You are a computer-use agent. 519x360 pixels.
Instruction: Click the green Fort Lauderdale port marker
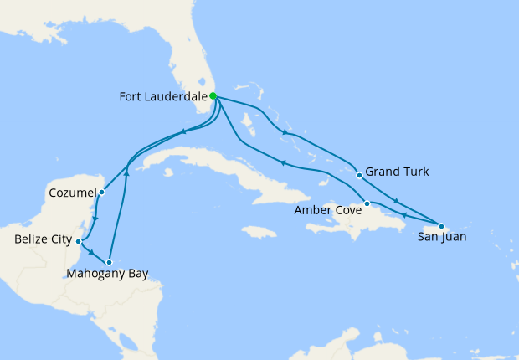[x=213, y=96]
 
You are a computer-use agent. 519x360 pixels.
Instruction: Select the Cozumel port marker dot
[x=101, y=192]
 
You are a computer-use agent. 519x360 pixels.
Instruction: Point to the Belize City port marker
[x=78, y=241]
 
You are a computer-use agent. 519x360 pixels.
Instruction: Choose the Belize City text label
[x=42, y=241]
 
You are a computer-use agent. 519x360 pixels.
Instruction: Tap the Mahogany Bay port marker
[x=109, y=262]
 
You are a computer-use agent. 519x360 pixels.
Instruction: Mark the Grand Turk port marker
[x=359, y=175]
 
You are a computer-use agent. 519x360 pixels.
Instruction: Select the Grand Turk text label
[x=398, y=172]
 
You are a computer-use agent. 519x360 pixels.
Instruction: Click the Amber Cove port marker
[x=367, y=203]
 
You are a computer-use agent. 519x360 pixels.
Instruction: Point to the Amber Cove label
[x=328, y=210]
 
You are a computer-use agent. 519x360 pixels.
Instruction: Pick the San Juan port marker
[x=441, y=226]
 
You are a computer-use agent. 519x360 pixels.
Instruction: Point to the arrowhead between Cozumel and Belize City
[x=96, y=219]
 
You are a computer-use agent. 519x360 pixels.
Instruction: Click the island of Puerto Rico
[x=434, y=229]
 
